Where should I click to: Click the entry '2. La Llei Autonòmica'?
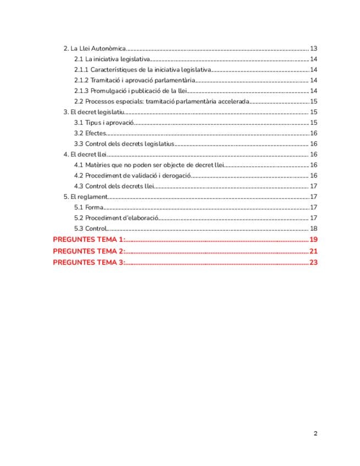95,48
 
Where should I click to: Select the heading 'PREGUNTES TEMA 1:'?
88,240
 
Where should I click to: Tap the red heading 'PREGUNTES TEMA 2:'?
88,251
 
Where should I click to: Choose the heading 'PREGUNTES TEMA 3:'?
88,262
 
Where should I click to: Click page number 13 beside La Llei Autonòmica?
314,48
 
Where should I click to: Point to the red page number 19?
314,240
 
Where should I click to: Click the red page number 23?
314,262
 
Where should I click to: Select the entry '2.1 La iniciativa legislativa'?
112,59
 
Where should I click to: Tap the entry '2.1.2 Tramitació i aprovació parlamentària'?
134,81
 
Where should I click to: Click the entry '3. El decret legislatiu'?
94,112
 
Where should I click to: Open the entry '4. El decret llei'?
85,154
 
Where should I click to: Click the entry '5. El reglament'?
85,197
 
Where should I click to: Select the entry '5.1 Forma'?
88,207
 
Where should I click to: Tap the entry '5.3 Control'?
90,229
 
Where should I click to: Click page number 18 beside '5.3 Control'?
314,229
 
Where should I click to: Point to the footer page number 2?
315,434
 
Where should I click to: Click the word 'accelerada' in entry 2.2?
235,102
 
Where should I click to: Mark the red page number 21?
314,251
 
